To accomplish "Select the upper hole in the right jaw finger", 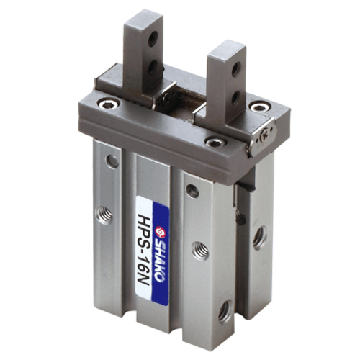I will (x=235, y=70).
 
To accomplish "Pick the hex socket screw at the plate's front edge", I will (x=213, y=142).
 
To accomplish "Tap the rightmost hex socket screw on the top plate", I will (x=257, y=107).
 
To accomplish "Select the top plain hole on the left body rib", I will (x=113, y=161).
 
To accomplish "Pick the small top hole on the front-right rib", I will (x=192, y=191).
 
